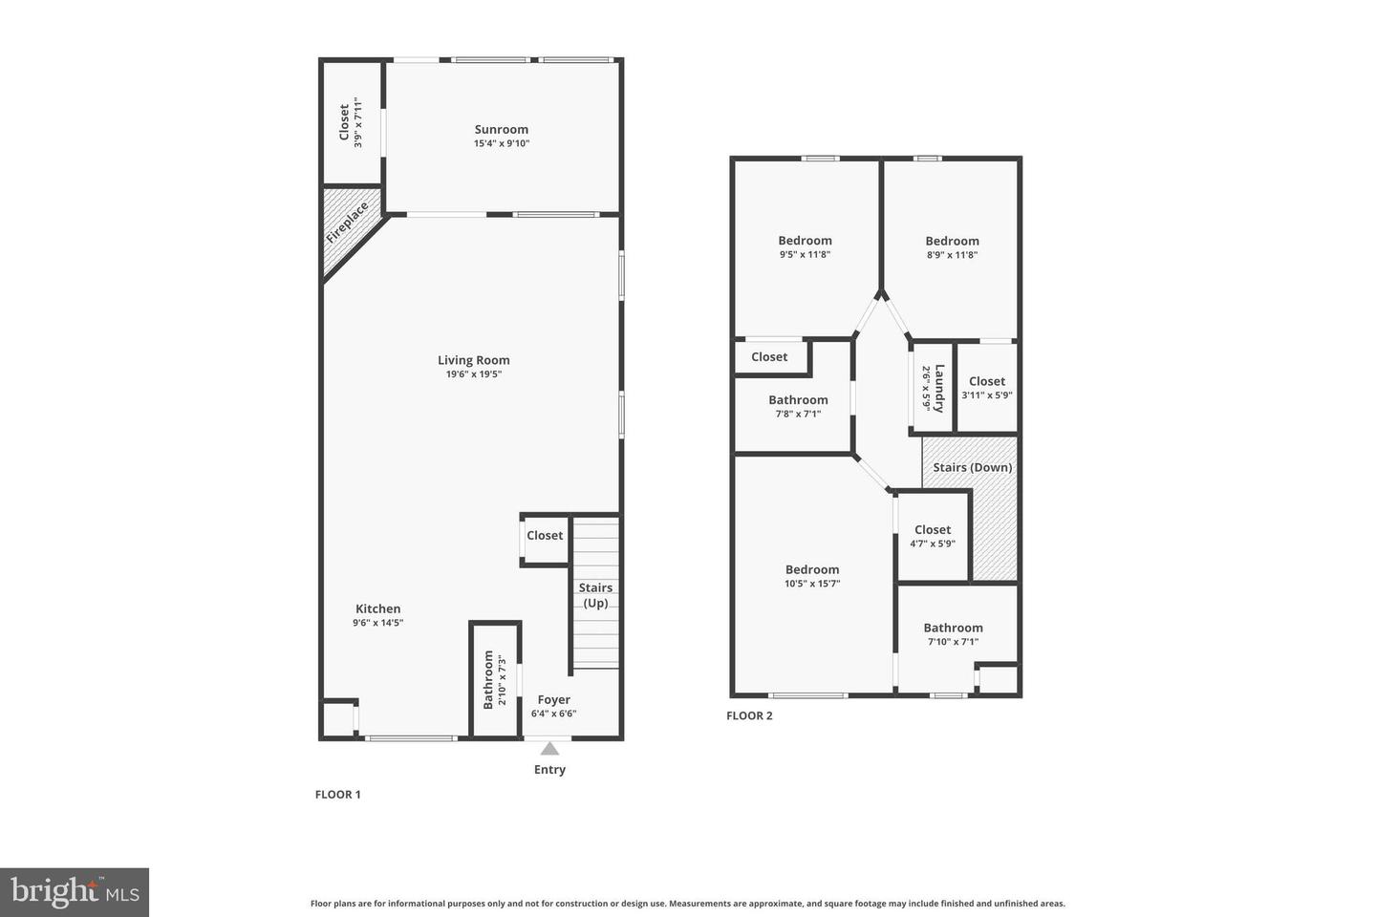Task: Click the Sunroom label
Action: tap(501, 130)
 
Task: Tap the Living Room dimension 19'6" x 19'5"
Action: tap(473, 374)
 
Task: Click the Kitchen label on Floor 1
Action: tap(377, 608)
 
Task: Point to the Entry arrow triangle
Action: tap(549, 749)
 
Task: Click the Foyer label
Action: tap(553, 699)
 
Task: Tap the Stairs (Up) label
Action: tap(595, 595)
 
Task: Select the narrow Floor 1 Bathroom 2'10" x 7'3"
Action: tap(494, 679)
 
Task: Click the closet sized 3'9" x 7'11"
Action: tap(351, 122)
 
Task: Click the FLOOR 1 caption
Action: tap(337, 794)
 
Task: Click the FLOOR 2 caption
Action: tap(749, 715)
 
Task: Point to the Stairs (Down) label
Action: tap(972, 467)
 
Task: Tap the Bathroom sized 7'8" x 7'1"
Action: tap(798, 406)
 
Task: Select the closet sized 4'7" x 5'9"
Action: tap(933, 536)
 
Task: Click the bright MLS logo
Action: tap(75, 892)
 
